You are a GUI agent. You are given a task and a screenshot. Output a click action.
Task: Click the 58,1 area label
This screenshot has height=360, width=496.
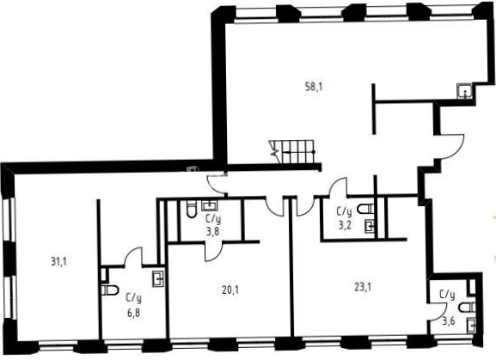(x=314, y=87)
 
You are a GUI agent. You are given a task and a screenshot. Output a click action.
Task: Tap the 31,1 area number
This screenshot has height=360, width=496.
(x=58, y=262)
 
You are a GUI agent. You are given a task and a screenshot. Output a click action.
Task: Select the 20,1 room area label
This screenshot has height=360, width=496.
(x=230, y=290)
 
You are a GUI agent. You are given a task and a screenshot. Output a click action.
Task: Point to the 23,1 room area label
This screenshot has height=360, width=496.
(x=363, y=287)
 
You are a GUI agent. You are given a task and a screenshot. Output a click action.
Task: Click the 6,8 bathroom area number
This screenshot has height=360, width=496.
(x=133, y=314)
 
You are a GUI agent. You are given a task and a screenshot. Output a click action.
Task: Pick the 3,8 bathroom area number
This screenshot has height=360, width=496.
(x=212, y=232)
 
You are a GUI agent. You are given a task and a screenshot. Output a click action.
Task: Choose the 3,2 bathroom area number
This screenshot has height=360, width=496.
(x=345, y=225)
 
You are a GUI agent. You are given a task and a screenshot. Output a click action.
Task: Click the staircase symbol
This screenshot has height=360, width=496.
(x=291, y=152)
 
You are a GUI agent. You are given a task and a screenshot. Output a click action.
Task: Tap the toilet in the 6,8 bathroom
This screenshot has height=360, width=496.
(x=110, y=290)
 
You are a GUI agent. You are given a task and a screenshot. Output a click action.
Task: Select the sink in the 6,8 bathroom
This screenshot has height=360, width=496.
(x=158, y=278)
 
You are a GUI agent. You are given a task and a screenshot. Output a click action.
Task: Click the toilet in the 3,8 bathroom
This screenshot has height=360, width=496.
(x=192, y=209)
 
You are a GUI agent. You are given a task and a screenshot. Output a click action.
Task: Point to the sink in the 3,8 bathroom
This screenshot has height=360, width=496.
(x=210, y=205)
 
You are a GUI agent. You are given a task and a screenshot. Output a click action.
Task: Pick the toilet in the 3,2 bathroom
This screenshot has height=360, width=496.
(x=365, y=209)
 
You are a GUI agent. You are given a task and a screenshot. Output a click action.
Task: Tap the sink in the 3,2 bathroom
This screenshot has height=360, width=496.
(x=370, y=226)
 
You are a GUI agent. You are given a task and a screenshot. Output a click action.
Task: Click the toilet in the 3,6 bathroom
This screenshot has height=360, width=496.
(x=467, y=308)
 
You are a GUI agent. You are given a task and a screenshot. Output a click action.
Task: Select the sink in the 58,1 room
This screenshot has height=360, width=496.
(x=465, y=92)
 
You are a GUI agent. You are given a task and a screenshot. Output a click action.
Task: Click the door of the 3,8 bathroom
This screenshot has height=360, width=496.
(x=214, y=252)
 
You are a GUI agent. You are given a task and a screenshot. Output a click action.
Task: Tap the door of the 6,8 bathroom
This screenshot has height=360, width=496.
(x=133, y=257)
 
